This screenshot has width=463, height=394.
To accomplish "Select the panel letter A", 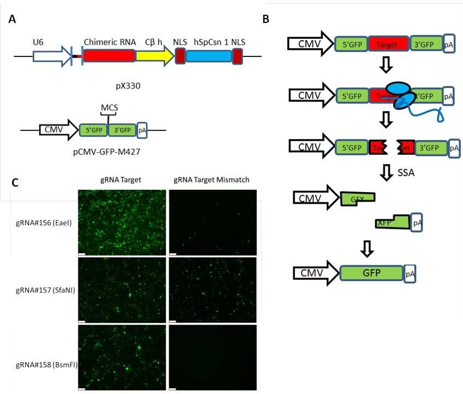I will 12,19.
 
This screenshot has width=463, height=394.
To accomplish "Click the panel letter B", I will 265,19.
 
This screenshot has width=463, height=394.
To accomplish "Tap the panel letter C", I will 16,182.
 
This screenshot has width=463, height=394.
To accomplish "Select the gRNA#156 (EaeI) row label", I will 43,223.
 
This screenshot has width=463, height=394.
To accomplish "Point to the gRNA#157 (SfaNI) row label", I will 43,289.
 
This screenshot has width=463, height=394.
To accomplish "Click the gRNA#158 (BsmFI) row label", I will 43,358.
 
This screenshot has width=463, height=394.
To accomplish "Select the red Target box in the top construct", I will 389,43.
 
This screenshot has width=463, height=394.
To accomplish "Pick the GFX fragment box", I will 357,200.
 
